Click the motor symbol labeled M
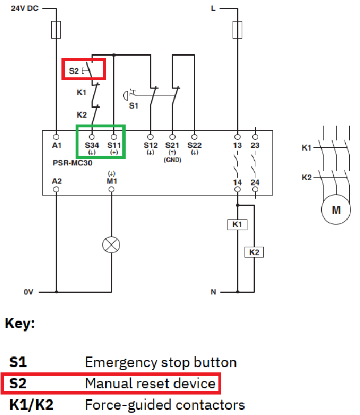coord(336,209)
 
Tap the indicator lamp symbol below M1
coord(111,244)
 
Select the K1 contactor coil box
coord(238,225)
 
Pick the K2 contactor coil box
coord(254,252)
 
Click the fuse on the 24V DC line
coord(56,30)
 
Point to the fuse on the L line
coord(238,30)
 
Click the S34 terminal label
coord(92,146)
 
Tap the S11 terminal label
coord(114,146)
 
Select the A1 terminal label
coord(57,146)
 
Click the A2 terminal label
coord(57,181)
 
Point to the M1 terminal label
coord(111,181)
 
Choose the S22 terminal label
coord(195,146)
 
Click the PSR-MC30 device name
coord(73,163)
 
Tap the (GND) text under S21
coord(172,160)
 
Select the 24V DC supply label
coord(24,8)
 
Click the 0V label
coord(28,292)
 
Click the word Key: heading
coord(20,323)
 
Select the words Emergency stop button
coord(161,363)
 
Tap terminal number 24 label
coord(255,182)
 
